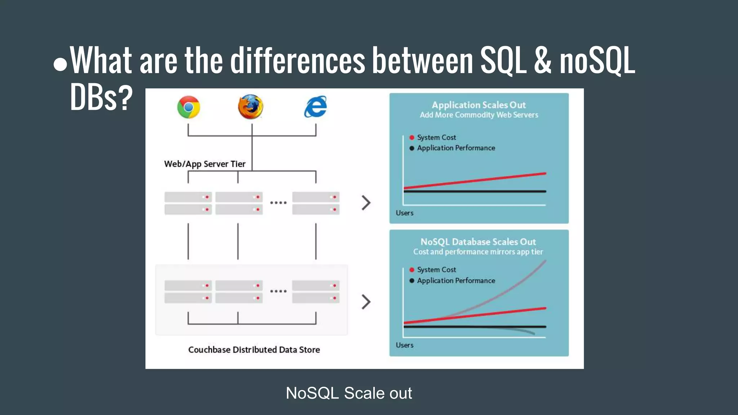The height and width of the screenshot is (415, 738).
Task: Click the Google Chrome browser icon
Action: point(188,107)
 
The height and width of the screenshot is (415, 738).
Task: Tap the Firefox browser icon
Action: point(251,107)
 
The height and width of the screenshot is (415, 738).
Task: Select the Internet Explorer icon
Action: point(315,107)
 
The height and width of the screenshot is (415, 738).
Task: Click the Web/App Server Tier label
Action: point(205,164)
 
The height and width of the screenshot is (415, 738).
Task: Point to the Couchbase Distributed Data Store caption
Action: point(254,350)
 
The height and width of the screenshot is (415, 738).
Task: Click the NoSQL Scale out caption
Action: point(349,393)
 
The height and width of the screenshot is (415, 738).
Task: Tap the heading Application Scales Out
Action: point(479,105)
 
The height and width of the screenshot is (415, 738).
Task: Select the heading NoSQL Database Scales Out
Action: point(478,242)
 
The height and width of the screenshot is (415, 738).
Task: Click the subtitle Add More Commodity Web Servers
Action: point(479,115)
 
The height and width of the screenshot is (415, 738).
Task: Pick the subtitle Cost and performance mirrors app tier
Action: point(478,252)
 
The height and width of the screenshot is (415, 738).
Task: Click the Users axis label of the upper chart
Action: point(404,213)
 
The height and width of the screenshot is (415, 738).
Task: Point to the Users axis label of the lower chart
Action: point(404,345)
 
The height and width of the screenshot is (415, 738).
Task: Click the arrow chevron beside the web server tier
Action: point(366,203)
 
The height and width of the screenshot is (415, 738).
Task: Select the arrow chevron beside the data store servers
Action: point(366,302)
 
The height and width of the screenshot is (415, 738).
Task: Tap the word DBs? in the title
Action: point(101,97)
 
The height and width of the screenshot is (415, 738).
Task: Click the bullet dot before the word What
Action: point(60,64)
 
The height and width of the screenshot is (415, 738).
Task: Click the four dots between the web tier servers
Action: point(278,203)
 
